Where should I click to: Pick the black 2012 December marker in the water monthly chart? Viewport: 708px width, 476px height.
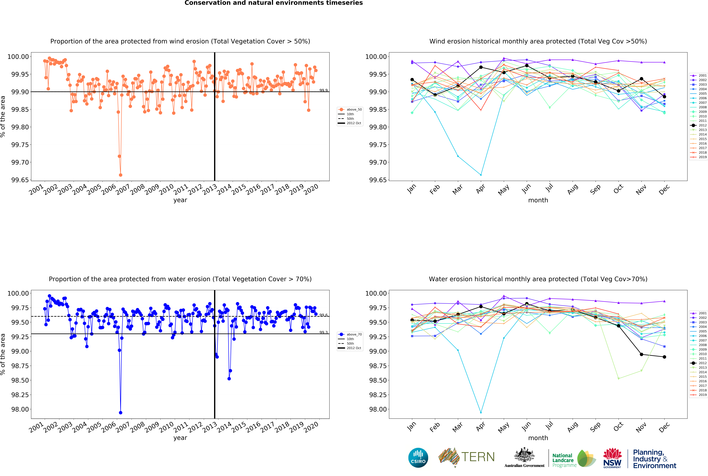(x=664, y=357)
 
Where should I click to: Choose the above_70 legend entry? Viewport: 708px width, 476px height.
(x=350, y=334)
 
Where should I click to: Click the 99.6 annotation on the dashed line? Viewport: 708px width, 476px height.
(x=323, y=315)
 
